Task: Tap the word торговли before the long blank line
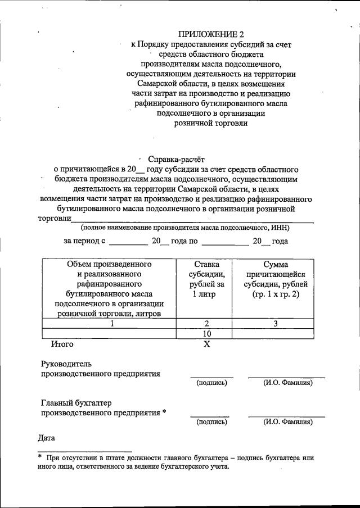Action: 55,218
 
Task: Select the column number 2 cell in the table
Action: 207,324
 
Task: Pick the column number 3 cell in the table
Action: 275,324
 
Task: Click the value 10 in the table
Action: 207,334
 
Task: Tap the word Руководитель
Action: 66,364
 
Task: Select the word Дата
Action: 47,438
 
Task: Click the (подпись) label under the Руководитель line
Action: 211,383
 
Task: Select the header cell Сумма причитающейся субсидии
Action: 275,279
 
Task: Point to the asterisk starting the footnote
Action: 40,457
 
